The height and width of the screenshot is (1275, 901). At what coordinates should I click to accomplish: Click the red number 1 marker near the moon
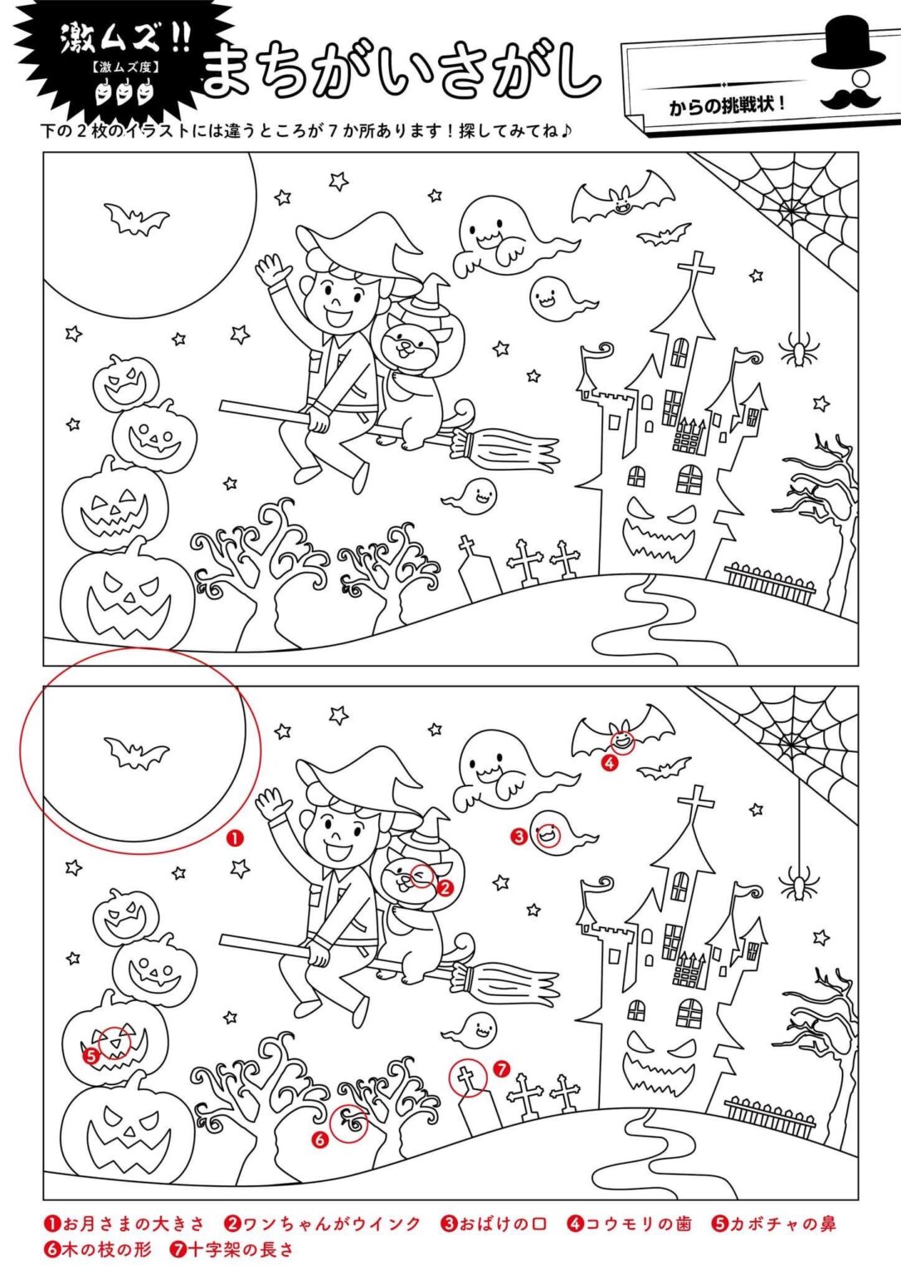234,838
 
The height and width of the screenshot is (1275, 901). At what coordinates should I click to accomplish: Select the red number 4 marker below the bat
609,764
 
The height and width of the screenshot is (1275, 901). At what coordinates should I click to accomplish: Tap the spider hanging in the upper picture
799,349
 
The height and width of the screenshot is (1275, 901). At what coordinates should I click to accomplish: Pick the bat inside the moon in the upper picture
137,219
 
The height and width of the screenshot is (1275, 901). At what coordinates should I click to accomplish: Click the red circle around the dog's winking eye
422,876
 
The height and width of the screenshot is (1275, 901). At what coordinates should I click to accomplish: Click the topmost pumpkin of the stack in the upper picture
125,380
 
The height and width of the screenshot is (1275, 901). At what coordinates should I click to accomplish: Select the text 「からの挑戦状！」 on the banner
728,105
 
